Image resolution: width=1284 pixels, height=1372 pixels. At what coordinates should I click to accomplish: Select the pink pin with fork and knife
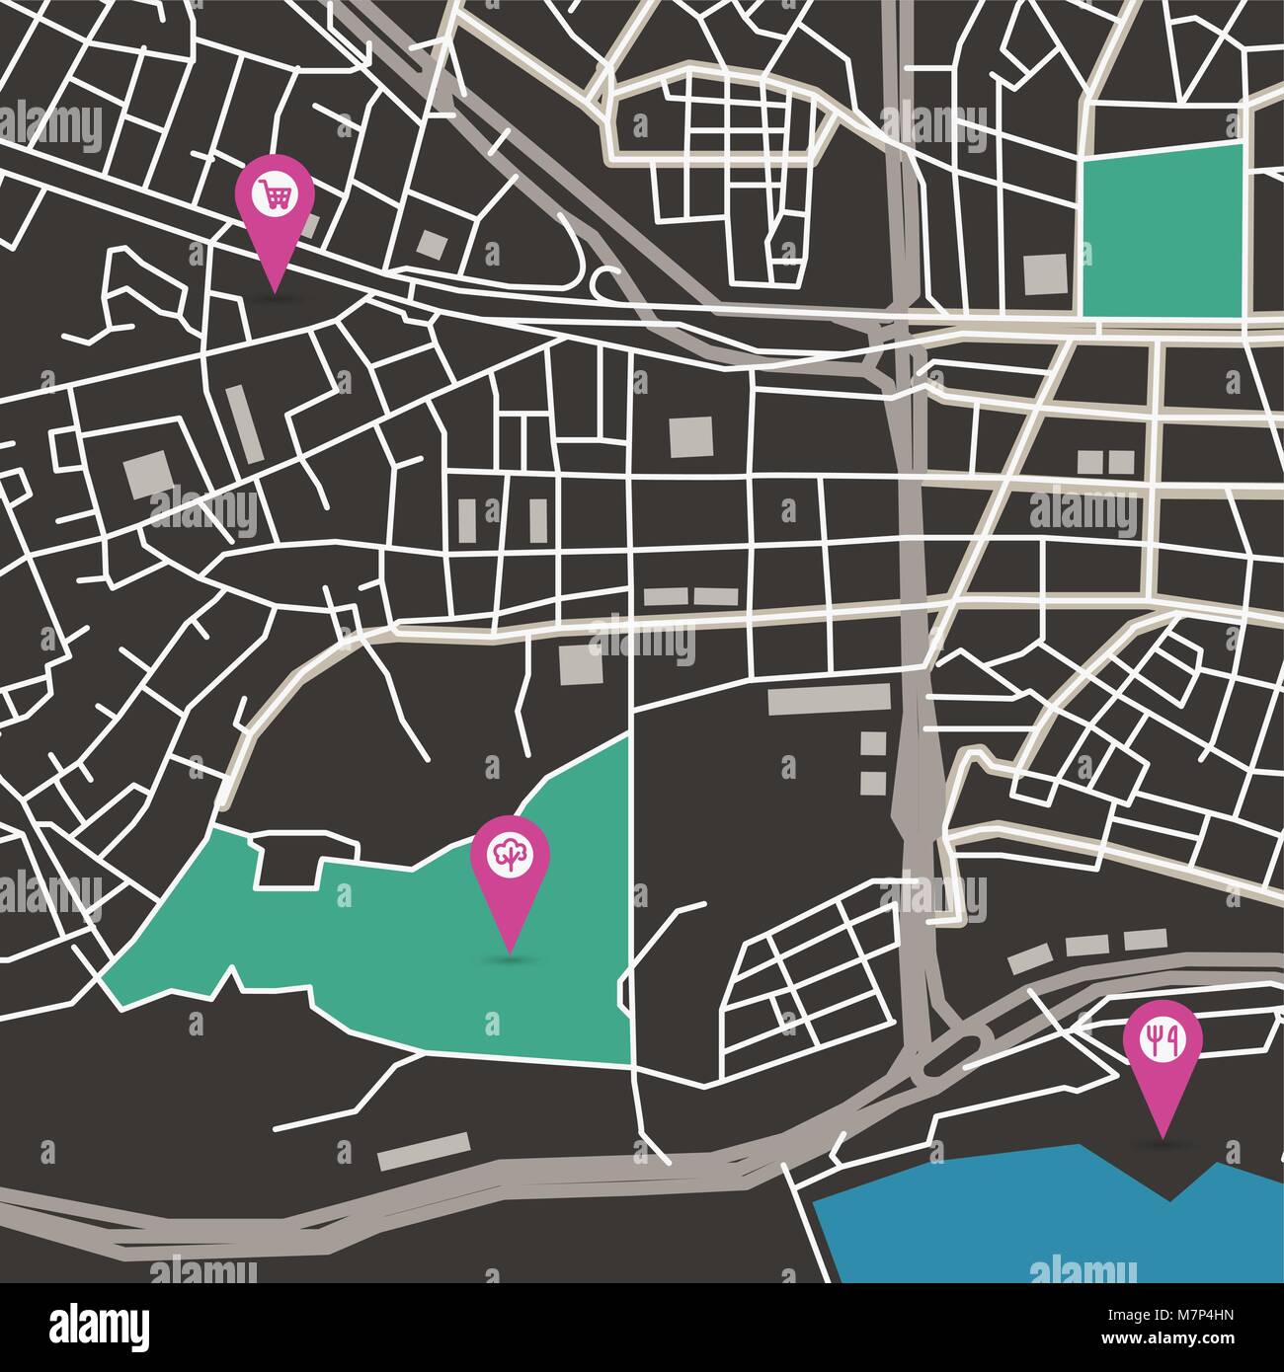pyautogui.click(x=1164, y=1046)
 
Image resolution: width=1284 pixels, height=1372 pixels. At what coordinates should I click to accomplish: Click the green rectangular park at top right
pyautogui.click(x=1162, y=229)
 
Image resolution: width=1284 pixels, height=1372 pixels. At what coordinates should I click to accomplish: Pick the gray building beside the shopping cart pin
pyautogui.click(x=310, y=226)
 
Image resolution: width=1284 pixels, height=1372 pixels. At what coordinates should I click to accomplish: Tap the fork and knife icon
pyautogui.click(x=1164, y=1037)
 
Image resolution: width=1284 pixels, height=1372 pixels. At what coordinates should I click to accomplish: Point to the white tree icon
pyautogui.click(x=509, y=853)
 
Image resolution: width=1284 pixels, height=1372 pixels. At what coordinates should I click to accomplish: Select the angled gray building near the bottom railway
pyautogui.click(x=425, y=1151)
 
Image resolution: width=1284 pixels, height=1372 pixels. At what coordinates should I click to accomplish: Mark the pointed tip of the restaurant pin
pyautogui.click(x=1163, y=1135)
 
